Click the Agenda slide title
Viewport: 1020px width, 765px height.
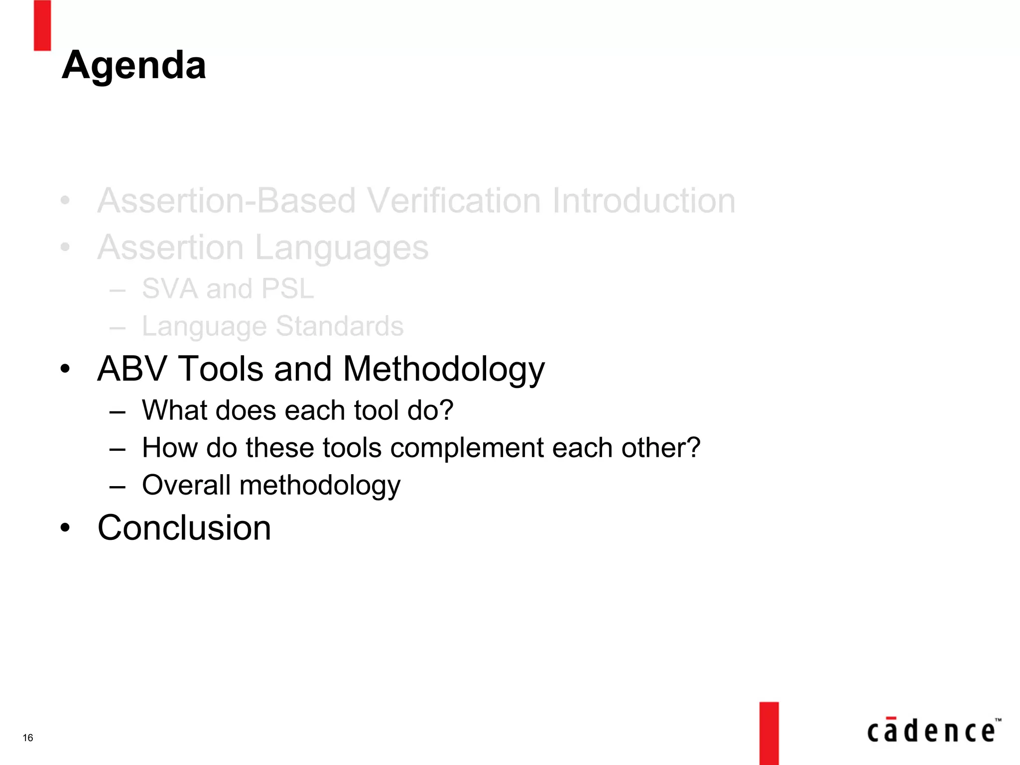click(x=133, y=66)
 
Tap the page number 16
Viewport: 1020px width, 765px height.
click(x=28, y=738)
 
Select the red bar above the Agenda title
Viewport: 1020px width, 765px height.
click(x=42, y=25)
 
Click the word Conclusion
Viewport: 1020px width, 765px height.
click(x=184, y=527)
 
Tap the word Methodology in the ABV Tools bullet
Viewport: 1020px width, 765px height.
click(x=444, y=370)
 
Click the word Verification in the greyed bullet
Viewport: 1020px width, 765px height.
click(x=455, y=201)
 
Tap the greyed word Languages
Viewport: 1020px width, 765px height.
click(x=341, y=248)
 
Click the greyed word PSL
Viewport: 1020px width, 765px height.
click(x=287, y=288)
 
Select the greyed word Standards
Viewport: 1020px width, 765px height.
click(x=339, y=326)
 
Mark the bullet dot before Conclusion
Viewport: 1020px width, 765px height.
click(x=65, y=527)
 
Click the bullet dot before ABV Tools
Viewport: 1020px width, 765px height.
click(x=65, y=369)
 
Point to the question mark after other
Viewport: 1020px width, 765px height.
click(x=692, y=447)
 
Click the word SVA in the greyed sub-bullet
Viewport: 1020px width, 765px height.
click(x=170, y=288)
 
